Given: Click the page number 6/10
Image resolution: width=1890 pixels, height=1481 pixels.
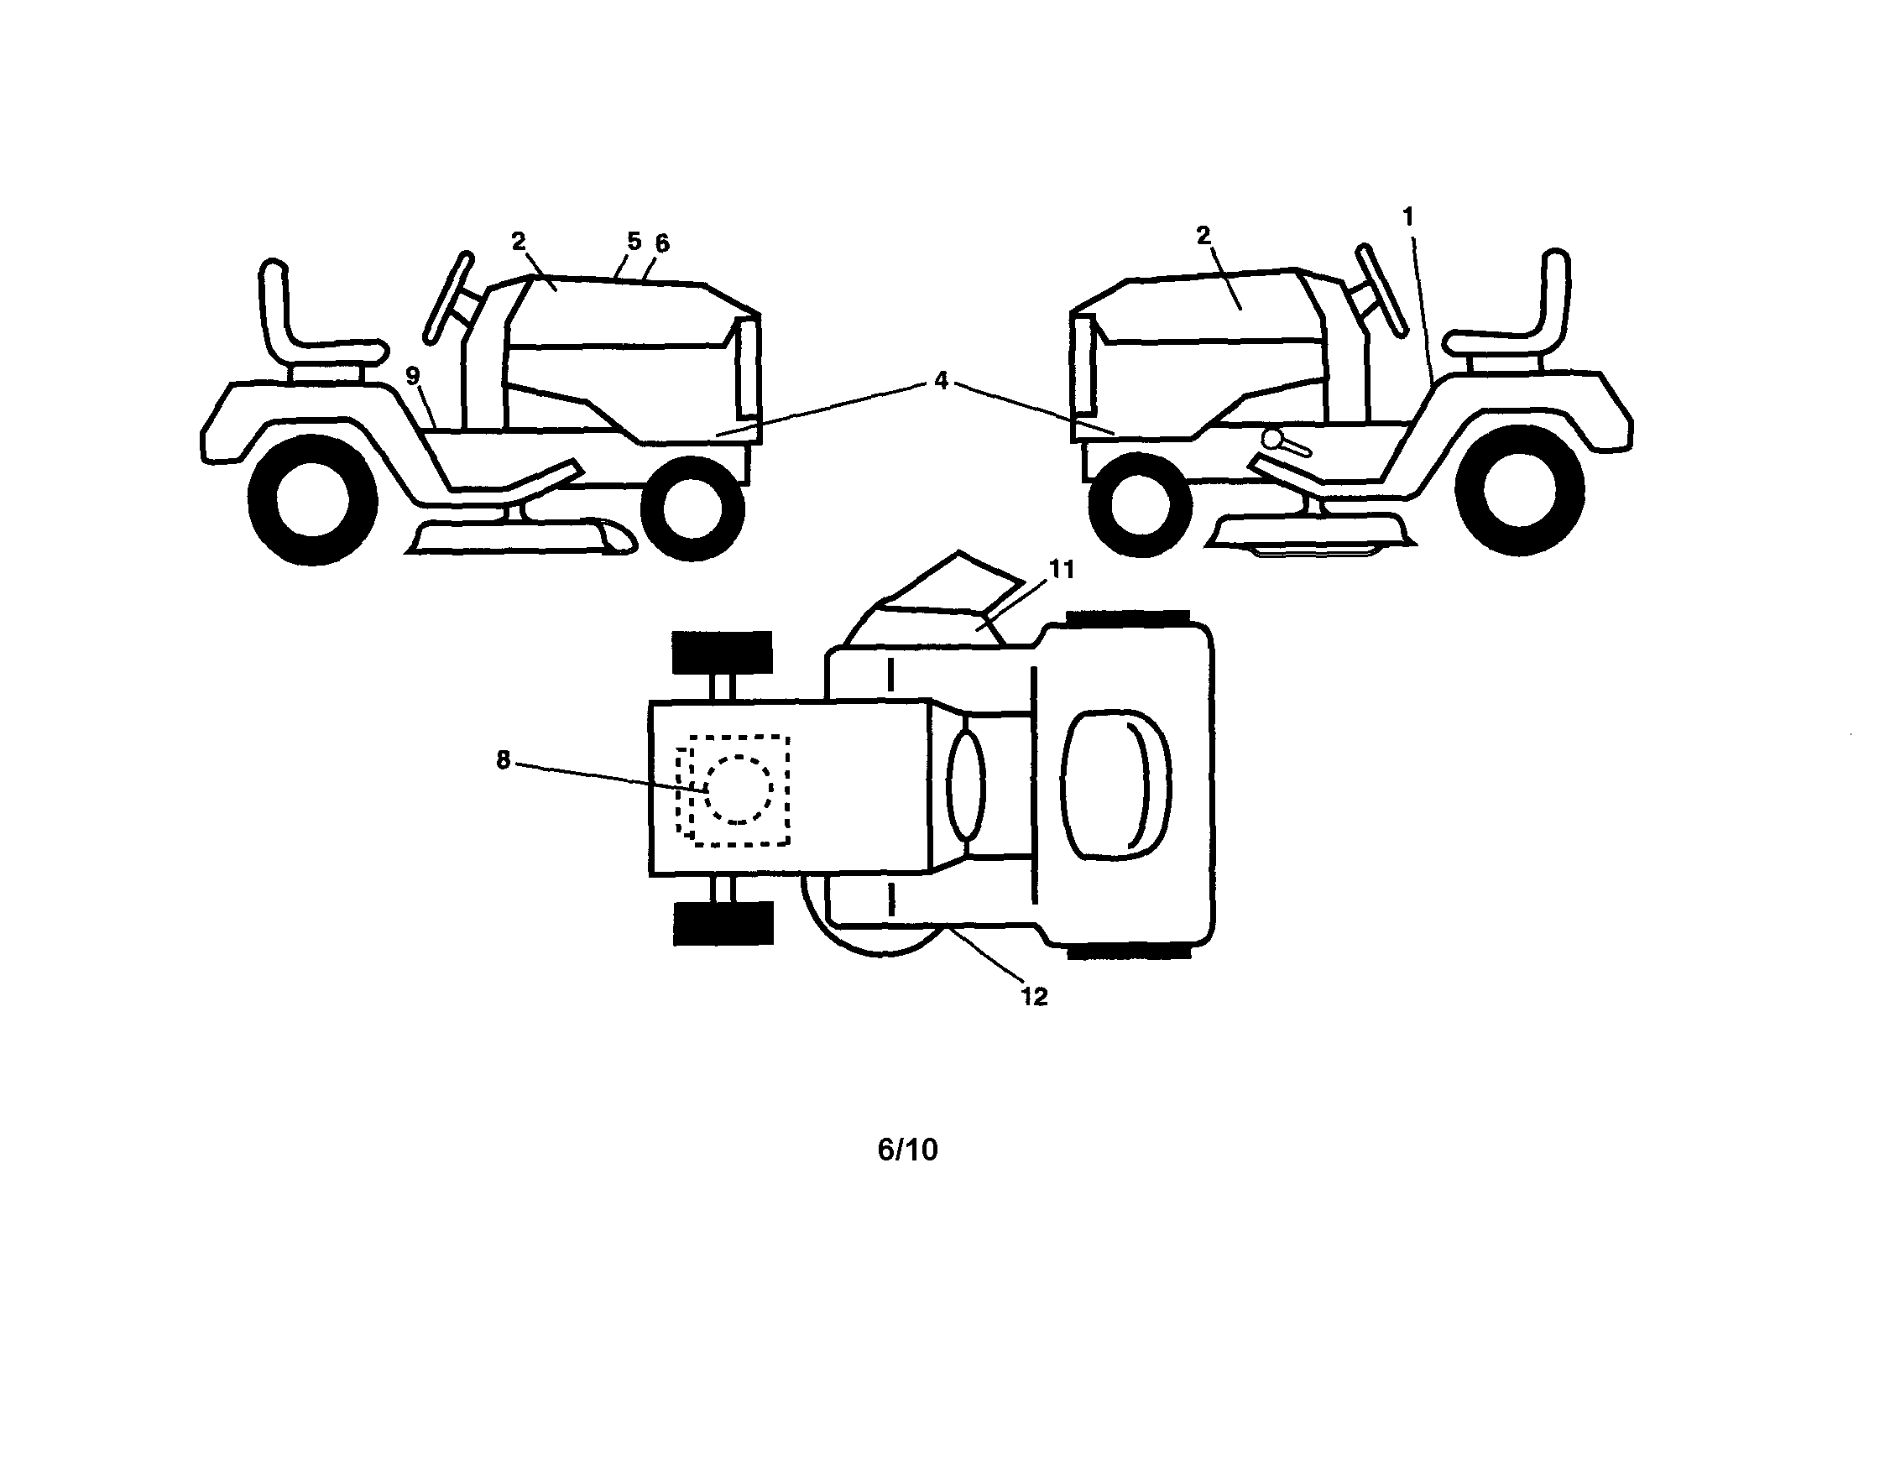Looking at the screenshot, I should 907,1150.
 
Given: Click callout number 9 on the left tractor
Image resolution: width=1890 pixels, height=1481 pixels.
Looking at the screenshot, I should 413,376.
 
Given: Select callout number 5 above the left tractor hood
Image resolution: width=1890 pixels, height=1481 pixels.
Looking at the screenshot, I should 634,241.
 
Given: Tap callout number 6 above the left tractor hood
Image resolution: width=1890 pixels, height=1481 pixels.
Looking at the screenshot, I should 662,243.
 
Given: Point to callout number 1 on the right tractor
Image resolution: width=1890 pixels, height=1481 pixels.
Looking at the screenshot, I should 1407,216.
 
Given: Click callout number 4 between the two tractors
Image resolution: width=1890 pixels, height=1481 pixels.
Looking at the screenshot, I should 941,381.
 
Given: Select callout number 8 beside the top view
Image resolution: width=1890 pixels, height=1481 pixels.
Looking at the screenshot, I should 503,760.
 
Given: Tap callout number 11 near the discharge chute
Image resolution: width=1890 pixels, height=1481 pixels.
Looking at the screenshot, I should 1062,570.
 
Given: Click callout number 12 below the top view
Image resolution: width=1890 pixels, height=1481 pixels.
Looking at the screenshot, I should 1034,997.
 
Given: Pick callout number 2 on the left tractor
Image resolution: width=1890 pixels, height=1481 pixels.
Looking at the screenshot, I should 519,242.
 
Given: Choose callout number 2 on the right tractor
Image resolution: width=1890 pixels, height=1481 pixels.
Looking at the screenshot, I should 1203,235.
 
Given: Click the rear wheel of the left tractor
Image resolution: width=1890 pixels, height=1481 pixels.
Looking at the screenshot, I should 312,499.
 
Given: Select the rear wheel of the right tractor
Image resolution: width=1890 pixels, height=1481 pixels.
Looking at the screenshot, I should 1520,489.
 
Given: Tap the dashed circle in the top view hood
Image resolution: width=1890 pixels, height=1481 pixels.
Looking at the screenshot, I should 739,790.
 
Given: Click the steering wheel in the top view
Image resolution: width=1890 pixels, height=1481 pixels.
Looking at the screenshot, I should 966,785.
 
